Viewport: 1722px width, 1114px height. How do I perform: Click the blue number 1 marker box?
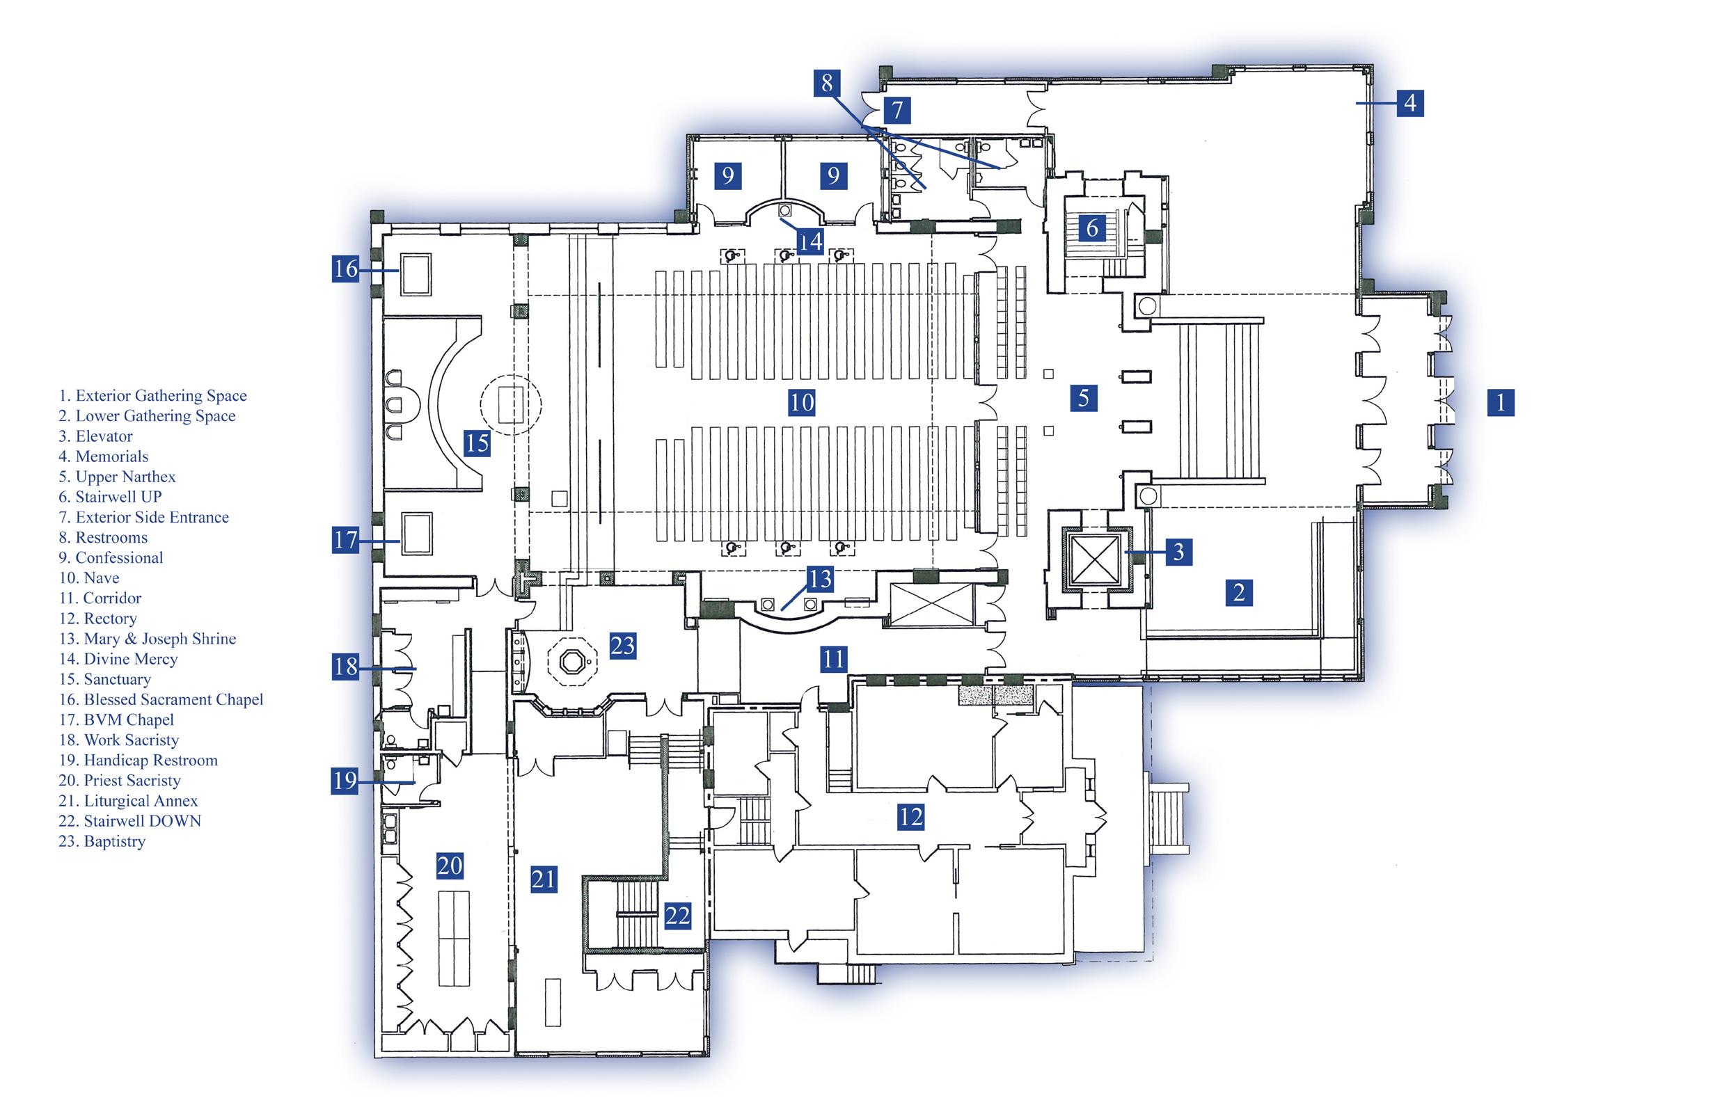pos(1501,402)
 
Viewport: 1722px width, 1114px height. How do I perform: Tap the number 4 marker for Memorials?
pos(1410,104)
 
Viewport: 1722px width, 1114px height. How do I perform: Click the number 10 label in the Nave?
pos(802,402)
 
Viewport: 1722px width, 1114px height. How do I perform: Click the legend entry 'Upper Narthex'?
pos(117,477)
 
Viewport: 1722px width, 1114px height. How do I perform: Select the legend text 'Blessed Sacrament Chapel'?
pos(161,699)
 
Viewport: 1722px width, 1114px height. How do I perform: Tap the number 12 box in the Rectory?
pos(910,817)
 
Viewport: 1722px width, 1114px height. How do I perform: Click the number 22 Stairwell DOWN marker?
pos(677,916)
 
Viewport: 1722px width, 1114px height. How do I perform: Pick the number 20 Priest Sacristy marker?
pos(450,865)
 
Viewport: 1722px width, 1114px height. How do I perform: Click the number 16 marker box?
pos(346,269)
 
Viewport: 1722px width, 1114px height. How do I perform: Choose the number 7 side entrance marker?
pos(897,110)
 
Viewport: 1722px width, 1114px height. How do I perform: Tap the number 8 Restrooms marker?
pos(827,83)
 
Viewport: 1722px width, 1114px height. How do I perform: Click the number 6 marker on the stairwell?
pos(1093,228)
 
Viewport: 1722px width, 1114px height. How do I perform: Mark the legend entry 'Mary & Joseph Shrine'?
pos(148,639)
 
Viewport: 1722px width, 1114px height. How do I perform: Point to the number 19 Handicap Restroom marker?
pos(345,781)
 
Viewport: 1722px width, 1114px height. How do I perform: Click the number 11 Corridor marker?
pos(833,659)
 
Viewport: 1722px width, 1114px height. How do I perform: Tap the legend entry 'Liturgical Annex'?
pos(128,801)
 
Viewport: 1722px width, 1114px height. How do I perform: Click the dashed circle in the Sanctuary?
pos(511,404)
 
